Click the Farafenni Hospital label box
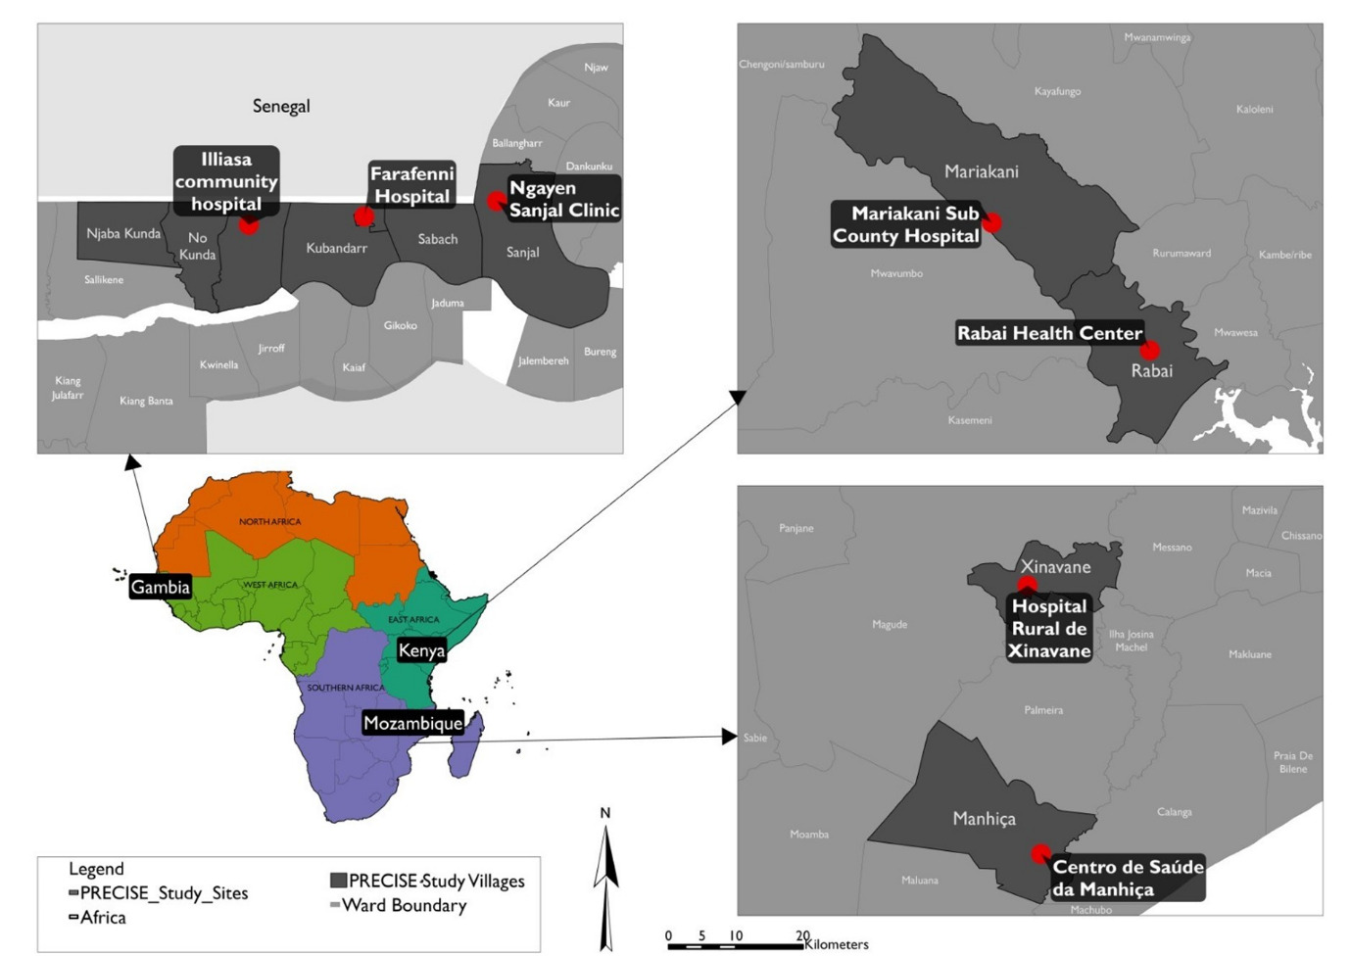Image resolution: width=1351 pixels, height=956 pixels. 411,185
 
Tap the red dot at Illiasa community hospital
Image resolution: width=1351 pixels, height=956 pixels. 249,225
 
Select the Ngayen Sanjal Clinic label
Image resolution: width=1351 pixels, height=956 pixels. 563,199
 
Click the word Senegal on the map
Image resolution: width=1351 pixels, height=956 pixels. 281,106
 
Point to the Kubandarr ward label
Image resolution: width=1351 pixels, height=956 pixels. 336,248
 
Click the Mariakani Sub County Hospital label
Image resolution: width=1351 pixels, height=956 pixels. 905,224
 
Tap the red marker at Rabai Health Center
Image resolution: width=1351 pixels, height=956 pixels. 1150,350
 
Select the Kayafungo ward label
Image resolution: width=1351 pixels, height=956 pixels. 1057,91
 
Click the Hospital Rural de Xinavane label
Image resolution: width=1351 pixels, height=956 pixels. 1049,628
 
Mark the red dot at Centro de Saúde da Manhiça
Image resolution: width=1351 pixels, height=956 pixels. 1040,854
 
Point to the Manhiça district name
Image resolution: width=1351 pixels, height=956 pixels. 984,819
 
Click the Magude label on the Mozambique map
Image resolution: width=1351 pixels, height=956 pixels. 890,624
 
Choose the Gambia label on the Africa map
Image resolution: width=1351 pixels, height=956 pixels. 160,587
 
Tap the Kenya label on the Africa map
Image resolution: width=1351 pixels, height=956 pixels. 421,650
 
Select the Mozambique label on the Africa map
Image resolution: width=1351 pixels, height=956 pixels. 412,723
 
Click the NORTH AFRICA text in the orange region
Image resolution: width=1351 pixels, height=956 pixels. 269,521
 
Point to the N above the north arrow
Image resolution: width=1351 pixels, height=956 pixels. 605,813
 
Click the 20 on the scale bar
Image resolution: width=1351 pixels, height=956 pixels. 802,935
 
